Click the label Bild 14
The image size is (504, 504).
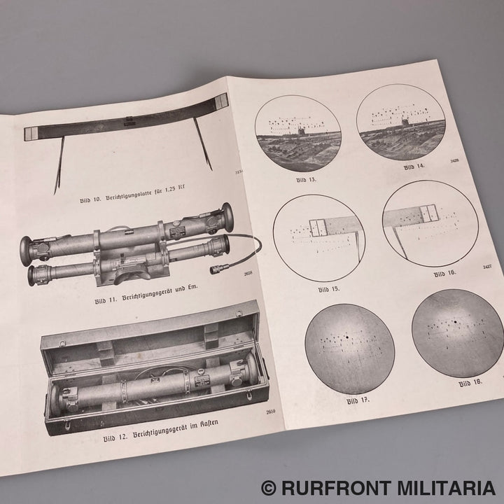[x=415, y=167]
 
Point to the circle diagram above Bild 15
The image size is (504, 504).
[x=319, y=238]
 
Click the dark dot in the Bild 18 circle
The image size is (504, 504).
[x=455, y=323]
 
